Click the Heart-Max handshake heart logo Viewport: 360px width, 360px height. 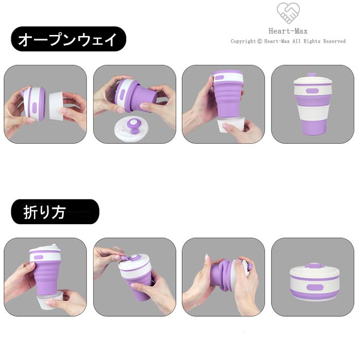coord(288,13)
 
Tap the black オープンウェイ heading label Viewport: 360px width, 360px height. coord(68,39)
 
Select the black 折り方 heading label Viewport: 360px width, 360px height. coord(55,212)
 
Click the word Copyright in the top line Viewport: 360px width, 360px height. coord(243,41)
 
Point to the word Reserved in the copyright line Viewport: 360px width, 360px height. coord(334,41)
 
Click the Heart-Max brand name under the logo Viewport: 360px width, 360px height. coord(288,31)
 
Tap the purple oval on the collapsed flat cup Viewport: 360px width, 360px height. coord(315,287)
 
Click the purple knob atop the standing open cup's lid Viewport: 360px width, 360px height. coord(312,75)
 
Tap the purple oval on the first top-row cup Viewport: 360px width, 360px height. coord(34,108)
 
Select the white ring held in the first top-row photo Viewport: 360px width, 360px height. coord(56,105)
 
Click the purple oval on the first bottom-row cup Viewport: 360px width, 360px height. coord(38,257)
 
